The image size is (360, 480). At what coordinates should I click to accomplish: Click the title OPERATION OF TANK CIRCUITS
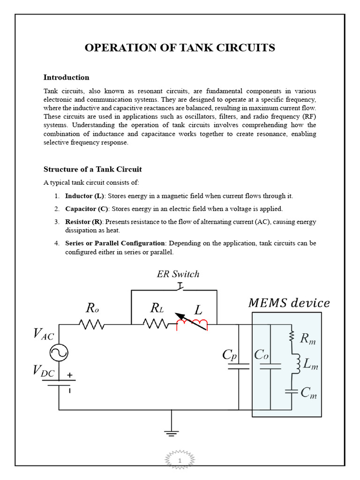pos(180,48)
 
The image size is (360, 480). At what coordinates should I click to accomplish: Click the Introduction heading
pos(66,77)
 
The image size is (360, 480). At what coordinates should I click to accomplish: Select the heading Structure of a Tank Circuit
pos(92,169)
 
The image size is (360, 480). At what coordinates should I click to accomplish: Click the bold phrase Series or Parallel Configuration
pos(115,243)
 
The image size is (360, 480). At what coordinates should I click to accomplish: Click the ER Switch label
pos(178,274)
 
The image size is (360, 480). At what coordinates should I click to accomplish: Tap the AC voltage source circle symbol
pos(59,352)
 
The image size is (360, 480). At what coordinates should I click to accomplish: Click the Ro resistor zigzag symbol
pos(92,324)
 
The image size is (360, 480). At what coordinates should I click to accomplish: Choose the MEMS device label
pos(289,303)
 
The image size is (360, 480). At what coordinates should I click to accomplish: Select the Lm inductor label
pos(310,364)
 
